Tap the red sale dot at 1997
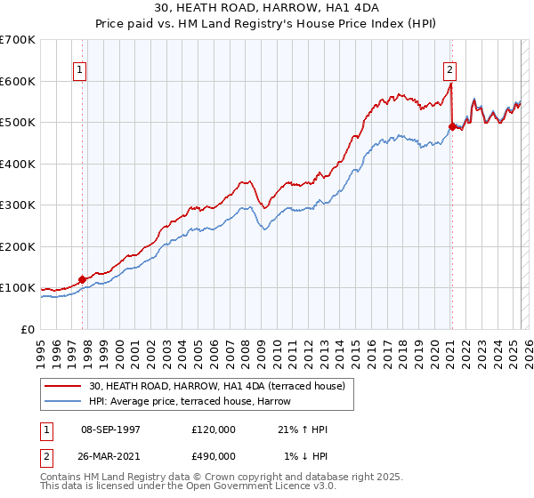click(x=83, y=279)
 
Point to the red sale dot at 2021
click(x=452, y=126)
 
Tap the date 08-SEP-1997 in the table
click(x=109, y=430)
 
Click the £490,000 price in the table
click(x=214, y=456)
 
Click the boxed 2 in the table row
click(x=46, y=456)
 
